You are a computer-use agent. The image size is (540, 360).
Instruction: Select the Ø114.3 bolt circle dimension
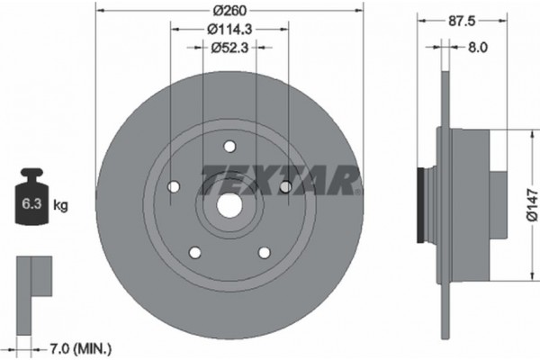coord(229,30)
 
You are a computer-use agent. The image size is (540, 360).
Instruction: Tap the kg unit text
coord(61,206)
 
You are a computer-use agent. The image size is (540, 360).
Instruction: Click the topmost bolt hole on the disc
coord(229,146)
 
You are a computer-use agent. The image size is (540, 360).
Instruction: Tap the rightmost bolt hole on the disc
coord(285,187)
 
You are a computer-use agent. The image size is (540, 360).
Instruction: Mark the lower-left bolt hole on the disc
coord(193,253)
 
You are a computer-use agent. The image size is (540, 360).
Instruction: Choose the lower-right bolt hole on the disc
coord(264,253)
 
